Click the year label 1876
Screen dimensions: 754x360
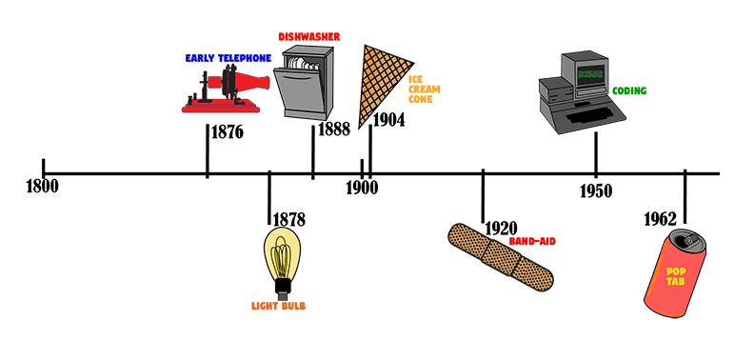[x=228, y=132]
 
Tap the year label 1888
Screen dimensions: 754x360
[x=334, y=129]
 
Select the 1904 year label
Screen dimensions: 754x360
[x=388, y=120]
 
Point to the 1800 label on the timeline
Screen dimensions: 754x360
[x=42, y=187]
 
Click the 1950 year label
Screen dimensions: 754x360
[x=596, y=191]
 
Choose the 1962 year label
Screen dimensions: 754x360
[x=661, y=219]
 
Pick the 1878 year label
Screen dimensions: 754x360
[x=289, y=219]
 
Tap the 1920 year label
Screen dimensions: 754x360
[x=501, y=229]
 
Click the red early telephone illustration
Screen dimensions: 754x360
[x=225, y=90]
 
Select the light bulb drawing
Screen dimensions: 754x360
[x=282, y=263]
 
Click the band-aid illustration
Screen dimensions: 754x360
[x=501, y=257]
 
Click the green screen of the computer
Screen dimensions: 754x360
[x=591, y=74]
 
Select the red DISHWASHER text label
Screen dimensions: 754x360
[x=309, y=36]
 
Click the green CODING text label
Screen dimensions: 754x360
[x=629, y=91]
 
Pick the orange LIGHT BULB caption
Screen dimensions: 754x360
[x=278, y=306]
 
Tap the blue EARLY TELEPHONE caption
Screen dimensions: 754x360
[x=228, y=58]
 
